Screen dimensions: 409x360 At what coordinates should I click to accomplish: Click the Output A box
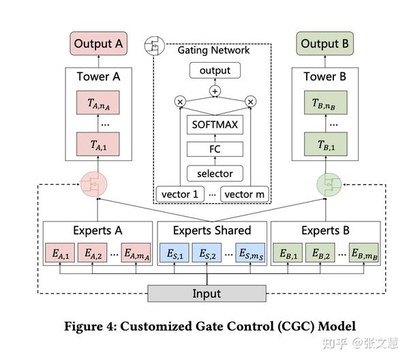click(x=98, y=44)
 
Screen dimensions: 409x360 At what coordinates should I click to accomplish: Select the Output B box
click(x=324, y=44)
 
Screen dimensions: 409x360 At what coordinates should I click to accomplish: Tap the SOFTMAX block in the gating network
click(x=215, y=125)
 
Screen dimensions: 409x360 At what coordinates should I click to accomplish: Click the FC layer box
click(x=215, y=149)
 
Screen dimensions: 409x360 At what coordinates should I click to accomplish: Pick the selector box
click(x=215, y=173)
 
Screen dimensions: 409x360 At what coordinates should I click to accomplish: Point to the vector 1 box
click(x=180, y=194)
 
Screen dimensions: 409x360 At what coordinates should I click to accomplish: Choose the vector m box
click(x=245, y=194)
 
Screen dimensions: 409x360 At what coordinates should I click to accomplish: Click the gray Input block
click(x=207, y=293)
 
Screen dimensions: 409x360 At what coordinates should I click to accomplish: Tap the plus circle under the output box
click(x=215, y=91)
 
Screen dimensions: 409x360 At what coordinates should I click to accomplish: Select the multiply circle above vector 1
click(x=180, y=102)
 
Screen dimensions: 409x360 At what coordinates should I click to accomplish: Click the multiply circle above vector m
click(x=250, y=102)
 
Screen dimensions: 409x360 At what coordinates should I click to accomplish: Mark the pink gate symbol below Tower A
click(x=93, y=184)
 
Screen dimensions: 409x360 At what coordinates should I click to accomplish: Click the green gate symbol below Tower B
click(x=329, y=185)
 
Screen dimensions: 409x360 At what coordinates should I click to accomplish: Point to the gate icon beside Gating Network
click(x=155, y=46)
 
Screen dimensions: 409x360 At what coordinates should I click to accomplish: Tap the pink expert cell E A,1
click(x=60, y=253)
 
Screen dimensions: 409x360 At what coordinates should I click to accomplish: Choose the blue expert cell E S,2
click(x=207, y=253)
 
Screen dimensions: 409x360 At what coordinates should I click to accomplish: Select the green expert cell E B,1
click(x=288, y=253)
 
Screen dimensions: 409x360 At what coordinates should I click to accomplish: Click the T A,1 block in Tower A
click(x=97, y=145)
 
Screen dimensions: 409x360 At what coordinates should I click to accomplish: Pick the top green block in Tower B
click(x=326, y=102)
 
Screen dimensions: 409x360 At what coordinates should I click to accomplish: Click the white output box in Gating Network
click(x=215, y=70)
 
